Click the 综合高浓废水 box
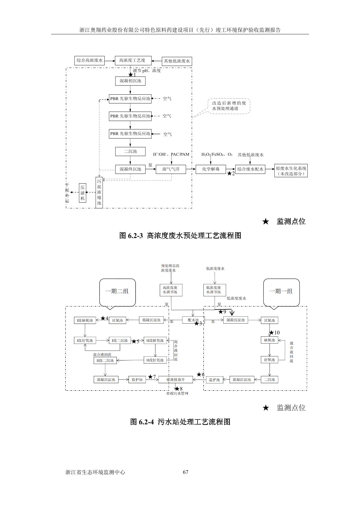coord(90,60)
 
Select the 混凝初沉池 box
coord(130,81)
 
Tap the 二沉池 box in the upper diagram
coord(130,151)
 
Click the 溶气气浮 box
coord(171,169)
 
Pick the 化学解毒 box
coord(211,169)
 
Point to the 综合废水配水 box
coord(250,169)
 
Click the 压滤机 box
coord(83,193)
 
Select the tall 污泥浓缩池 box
coord(99,192)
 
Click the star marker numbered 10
coord(271,333)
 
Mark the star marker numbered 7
coord(150,377)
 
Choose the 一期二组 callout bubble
coord(117,292)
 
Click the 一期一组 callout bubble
coord(281,292)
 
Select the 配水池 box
coord(193,320)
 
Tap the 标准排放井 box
coord(175,380)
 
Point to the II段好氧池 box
coord(155,360)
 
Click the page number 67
coord(186,472)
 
